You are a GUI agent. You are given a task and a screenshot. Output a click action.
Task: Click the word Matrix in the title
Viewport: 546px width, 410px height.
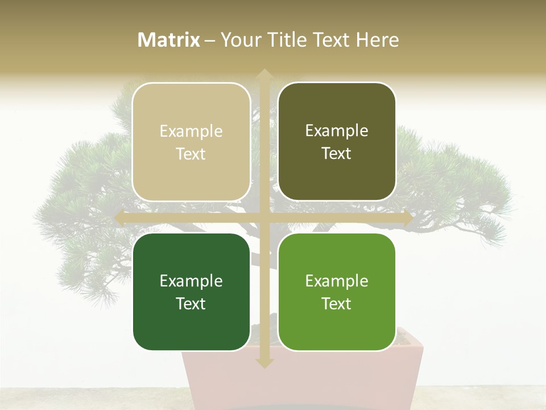point(169,40)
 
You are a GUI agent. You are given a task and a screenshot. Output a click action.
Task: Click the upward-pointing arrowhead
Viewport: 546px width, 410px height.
point(264,75)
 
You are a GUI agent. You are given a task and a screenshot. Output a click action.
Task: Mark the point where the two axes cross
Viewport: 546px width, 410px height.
point(264,218)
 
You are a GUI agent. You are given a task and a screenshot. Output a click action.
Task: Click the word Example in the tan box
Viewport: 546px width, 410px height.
point(191,132)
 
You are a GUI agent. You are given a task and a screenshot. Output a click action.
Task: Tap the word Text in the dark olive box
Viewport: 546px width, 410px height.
point(337,154)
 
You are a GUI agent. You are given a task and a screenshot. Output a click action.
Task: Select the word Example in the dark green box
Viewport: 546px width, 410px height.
point(191,281)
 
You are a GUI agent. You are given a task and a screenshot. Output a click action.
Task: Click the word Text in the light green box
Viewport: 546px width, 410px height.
point(337,304)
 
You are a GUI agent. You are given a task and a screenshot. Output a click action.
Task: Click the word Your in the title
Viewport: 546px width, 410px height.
point(239,40)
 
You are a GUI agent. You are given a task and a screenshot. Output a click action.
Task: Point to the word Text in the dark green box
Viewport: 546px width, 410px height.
point(191,304)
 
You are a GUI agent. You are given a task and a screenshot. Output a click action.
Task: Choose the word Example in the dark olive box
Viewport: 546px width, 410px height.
point(337,131)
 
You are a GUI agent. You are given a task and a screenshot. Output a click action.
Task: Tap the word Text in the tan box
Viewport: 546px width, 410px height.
point(191,154)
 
